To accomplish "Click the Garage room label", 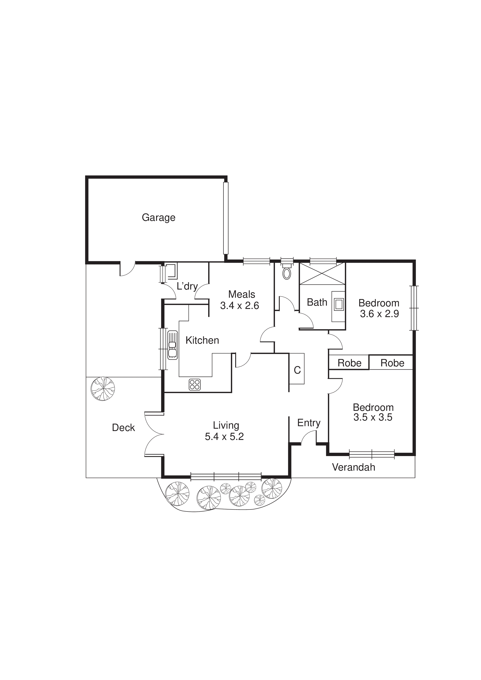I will coord(159,218).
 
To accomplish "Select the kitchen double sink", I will coord(172,345).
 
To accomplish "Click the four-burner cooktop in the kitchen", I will coord(195,384).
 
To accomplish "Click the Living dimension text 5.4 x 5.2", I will coord(224,437).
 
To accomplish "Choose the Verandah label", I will coord(354,467).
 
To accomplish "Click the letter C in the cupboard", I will coord(297,370).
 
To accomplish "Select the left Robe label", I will coord(349,363).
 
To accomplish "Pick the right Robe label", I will coord(392,363).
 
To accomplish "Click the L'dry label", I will coord(187,286).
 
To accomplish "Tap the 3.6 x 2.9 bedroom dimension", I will coord(379,314).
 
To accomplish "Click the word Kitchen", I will coord(202,341).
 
